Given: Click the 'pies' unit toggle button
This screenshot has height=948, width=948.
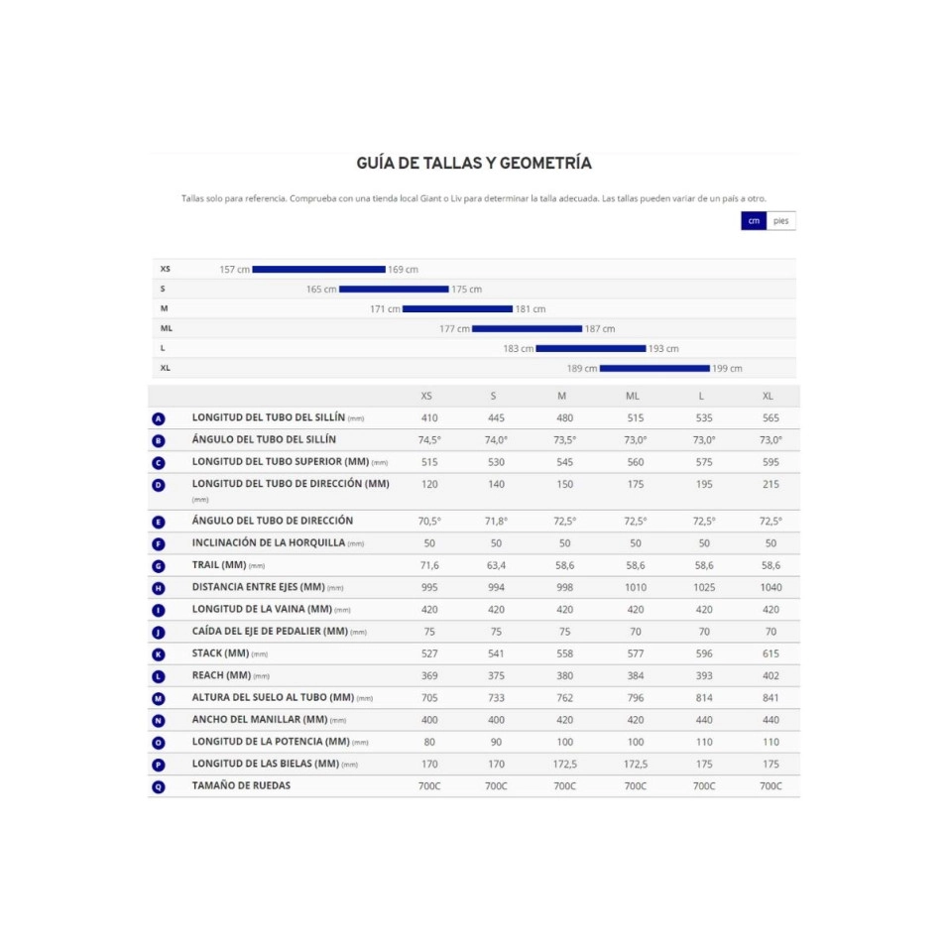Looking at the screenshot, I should coord(780,221).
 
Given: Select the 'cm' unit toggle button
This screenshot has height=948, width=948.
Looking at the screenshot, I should coord(754,221).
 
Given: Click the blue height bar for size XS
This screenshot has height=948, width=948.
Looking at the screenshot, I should coord(318,269).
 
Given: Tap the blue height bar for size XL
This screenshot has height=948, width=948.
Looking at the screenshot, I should coord(654,368).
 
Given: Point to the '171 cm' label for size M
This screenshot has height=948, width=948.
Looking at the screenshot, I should coord(385,309).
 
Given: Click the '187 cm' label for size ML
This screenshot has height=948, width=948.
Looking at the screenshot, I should coord(600,329).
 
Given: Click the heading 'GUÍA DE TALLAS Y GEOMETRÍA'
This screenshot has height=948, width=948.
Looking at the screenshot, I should coord(474,164).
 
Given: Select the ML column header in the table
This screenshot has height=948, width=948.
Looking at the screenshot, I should coord(633,396).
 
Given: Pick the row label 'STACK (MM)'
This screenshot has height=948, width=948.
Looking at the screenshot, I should coord(220,653).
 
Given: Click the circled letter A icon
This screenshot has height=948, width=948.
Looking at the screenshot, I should coord(159,418).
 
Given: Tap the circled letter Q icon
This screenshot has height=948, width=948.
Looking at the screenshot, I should coord(159,786).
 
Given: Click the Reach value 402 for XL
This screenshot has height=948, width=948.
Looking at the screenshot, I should coord(770,675).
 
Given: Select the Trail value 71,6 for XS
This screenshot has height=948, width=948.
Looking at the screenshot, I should coord(428,565).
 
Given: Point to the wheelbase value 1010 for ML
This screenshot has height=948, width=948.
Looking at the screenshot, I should coord(635,587).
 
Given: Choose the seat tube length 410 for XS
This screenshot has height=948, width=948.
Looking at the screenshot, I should coord(428,418).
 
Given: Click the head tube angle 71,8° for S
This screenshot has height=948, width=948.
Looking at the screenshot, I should coord(496,521).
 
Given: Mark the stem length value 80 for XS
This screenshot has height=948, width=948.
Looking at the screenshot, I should coord(428,742).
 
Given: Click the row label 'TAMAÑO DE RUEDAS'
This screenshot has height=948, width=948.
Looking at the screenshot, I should coord(241,785).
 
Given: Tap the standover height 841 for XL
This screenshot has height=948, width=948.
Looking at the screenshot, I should coord(770,697).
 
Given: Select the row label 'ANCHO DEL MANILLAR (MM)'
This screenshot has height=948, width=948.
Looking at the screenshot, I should coord(259,719).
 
